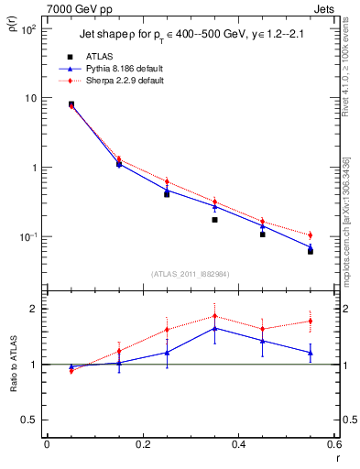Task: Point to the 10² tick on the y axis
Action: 28,29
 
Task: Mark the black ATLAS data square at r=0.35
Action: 214,220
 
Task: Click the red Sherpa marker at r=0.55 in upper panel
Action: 311,235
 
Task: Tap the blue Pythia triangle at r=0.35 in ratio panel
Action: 214,327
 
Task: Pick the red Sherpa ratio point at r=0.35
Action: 214,316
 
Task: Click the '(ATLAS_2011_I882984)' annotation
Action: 190,273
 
